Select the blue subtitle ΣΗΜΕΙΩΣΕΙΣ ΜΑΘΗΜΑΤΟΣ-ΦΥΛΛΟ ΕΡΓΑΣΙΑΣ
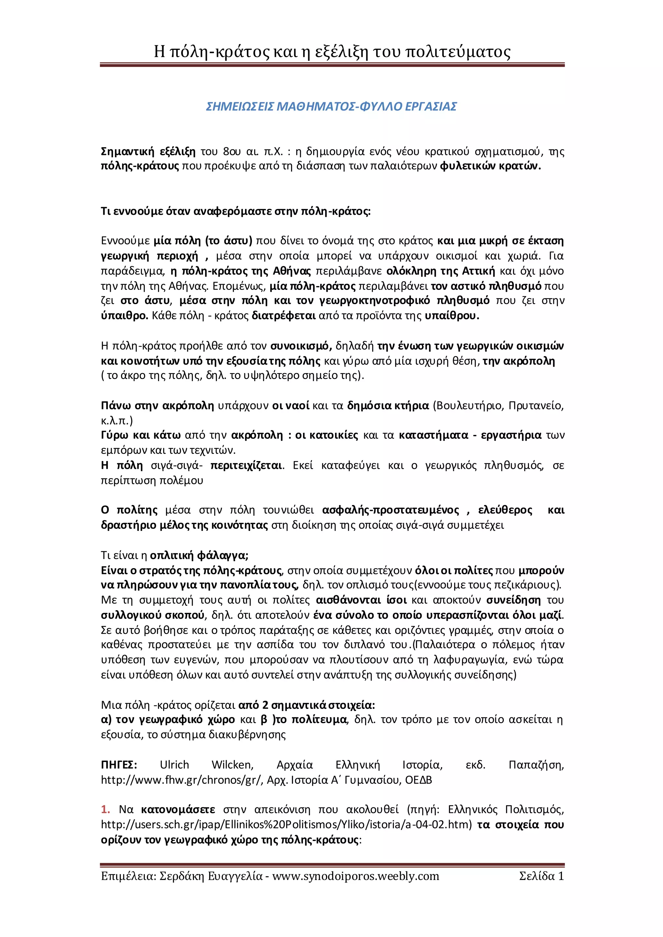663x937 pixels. [331, 106]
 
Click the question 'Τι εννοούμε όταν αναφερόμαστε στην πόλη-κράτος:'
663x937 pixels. [236, 211]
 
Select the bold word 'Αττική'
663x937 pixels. [478, 271]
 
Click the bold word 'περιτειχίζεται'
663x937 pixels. [246, 465]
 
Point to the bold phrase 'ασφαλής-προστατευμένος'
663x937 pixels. [391, 510]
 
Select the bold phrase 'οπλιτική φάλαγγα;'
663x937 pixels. [199, 556]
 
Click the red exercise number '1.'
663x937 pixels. [105, 810]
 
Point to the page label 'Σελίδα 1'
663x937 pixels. [541, 876]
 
